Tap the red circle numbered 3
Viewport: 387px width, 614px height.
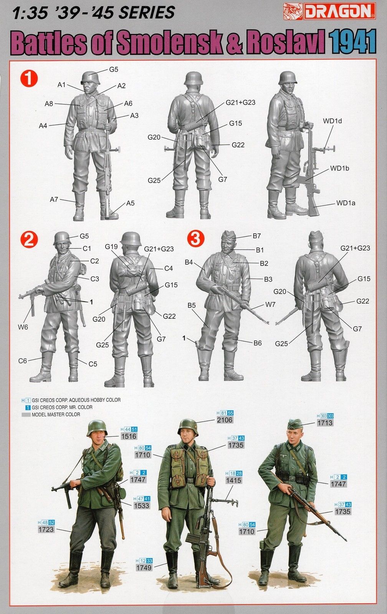click(195, 239)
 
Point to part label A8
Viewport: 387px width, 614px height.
click(48, 104)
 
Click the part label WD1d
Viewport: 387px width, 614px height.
click(332, 121)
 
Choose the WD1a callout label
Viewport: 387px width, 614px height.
click(346, 203)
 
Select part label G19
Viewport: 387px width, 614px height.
click(111, 246)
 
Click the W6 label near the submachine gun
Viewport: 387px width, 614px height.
click(23, 327)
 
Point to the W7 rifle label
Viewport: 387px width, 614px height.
click(270, 304)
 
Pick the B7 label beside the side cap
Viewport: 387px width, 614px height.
click(257, 236)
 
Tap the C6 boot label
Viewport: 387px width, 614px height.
click(23, 361)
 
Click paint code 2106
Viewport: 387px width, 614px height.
click(225, 420)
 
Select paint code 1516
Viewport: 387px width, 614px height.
click(129, 436)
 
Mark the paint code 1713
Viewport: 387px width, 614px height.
click(325, 423)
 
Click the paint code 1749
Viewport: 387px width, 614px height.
click(144, 568)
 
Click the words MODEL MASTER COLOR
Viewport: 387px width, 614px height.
click(56, 415)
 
